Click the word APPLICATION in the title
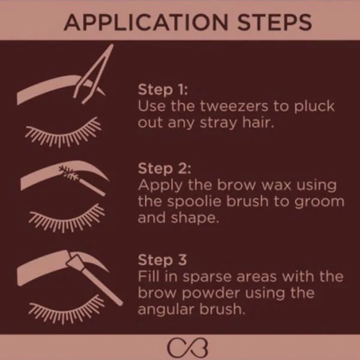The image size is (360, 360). coord(146,22)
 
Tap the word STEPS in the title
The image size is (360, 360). coord(275,22)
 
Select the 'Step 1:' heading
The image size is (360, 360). coord(163,89)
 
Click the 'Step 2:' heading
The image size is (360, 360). coord(164,168)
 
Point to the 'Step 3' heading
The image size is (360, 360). coord(163,260)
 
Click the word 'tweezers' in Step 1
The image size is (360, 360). coord(234,106)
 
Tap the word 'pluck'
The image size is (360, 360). coord(314,107)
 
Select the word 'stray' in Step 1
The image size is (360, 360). coord(218,123)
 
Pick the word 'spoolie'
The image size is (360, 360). coord(194,202)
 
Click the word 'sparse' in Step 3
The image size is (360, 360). coord(207,277)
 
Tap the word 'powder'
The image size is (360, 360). coord(211,293)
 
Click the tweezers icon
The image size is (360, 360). coord(94,73)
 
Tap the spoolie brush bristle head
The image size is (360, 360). coord(68,173)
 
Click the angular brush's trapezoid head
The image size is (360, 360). coord(76,262)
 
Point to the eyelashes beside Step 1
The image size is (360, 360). coord(63,134)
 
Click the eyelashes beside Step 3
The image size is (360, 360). coord(67,311)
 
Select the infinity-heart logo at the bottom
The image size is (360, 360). coord(188,348)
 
